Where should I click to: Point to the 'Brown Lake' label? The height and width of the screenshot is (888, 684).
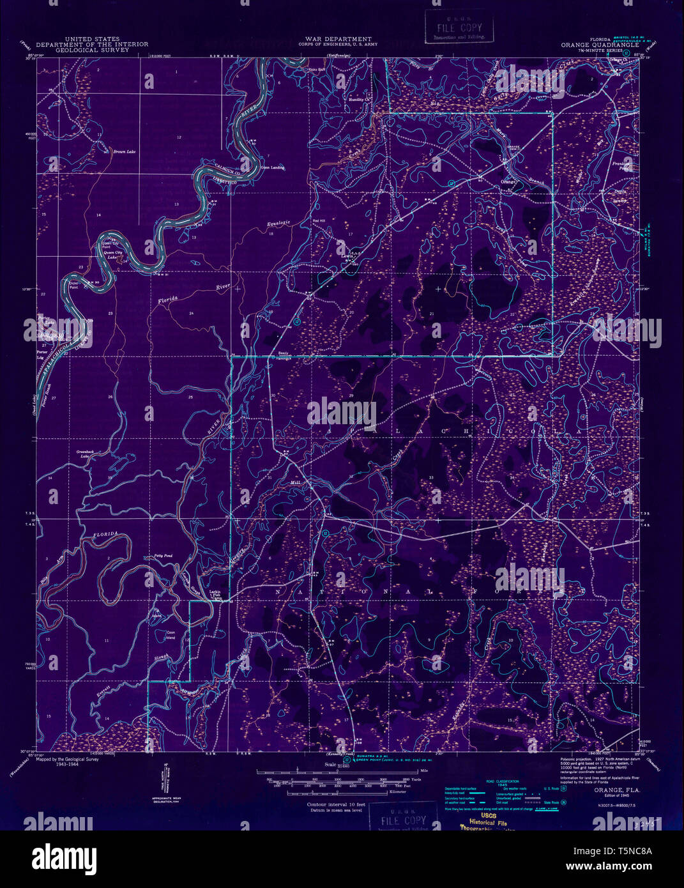click(124, 152)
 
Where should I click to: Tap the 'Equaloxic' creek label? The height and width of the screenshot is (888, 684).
click(278, 224)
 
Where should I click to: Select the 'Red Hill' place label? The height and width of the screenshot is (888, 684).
click(319, 221)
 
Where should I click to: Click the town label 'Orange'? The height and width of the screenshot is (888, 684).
click(508, 182)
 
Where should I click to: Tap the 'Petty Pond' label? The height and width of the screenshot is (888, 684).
click(163, 557)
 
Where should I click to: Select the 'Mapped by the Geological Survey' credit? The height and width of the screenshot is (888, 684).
click(68, 760)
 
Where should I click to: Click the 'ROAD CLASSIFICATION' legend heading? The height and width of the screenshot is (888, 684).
click(500, 781)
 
